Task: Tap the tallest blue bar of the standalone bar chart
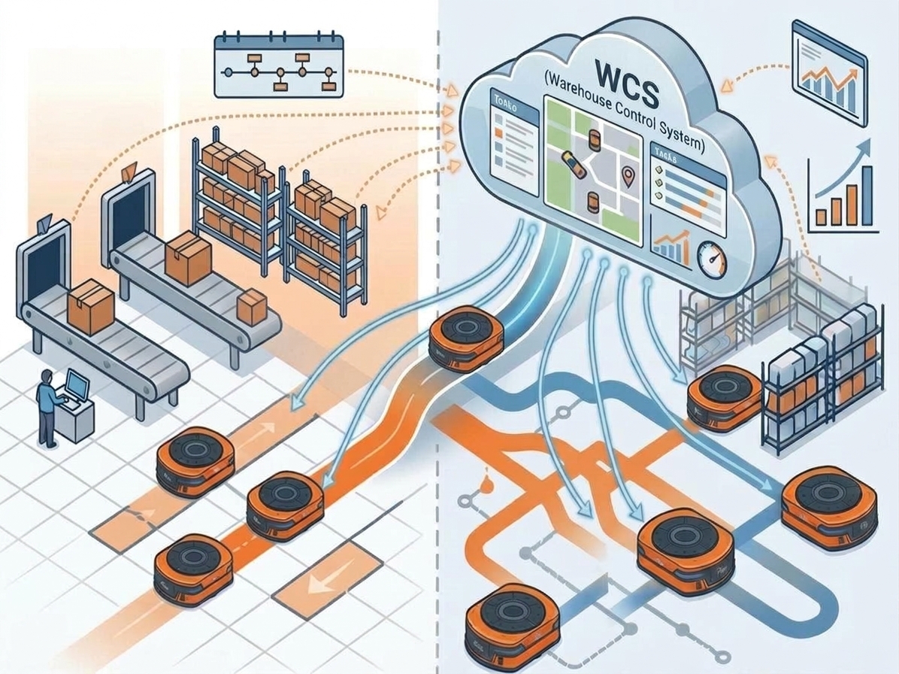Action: pos(867,196)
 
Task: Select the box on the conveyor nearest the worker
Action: pos(90,305)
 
